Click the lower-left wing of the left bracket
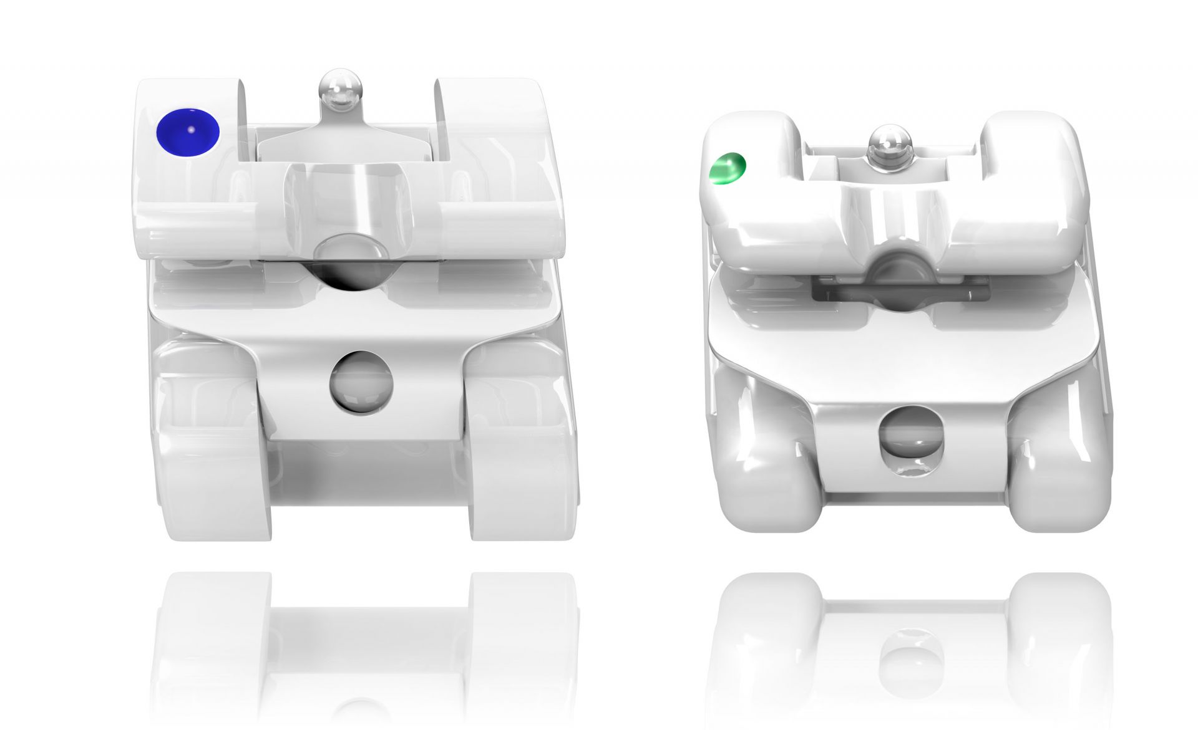point(212,474)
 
